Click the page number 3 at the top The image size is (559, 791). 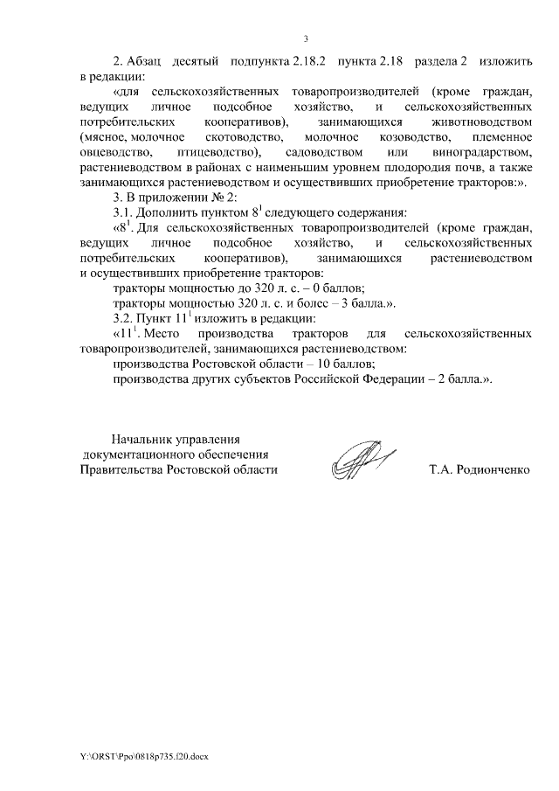click(306, 38)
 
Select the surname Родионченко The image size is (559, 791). click(493, 469)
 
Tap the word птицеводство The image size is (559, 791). click(203, 153)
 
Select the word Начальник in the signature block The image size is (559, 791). click(140, 439)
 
